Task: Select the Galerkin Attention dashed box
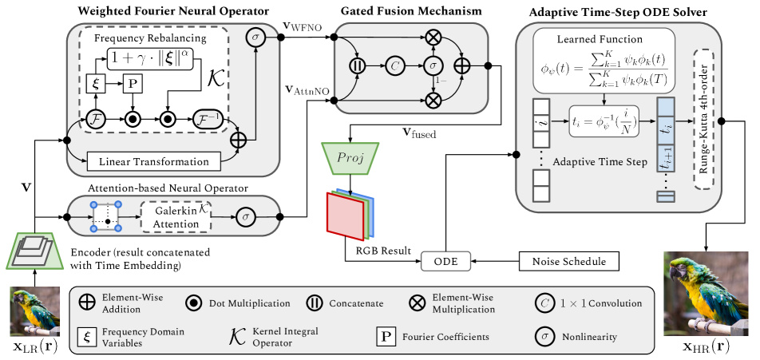176,216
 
